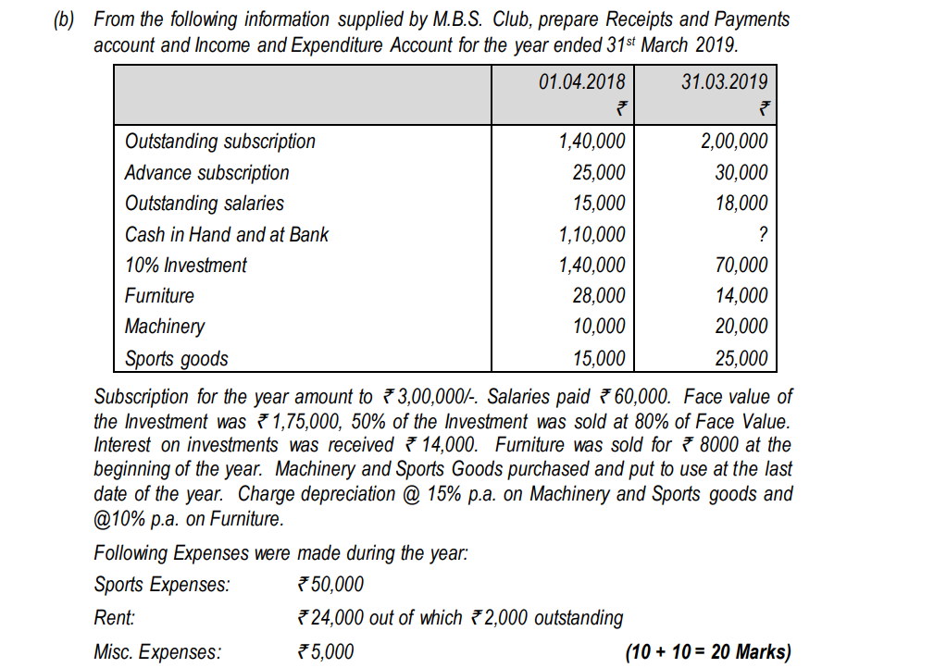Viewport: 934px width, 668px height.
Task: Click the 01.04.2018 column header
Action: [x=581, y=81]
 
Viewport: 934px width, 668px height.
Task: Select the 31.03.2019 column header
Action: [x=724, y=81]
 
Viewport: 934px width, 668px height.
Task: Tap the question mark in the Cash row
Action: [x=761, y=235]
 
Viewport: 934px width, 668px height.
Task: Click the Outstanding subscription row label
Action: [x=219, y=142]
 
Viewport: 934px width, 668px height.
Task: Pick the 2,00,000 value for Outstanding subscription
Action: [x=733, y=142]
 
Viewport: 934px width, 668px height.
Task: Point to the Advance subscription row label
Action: [x=206, y=173]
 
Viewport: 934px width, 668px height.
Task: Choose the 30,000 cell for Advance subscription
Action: [x=741, y=173]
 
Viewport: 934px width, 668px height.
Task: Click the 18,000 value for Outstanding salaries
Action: [x=741, y=204]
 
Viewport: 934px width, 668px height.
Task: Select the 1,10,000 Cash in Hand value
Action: [x=592, y=235]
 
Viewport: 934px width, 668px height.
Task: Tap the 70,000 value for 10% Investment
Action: [x=741, y=266]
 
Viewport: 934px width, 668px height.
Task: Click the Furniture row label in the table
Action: [x=159, y=296]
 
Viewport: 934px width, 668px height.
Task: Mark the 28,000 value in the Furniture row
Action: [x=599, y=296]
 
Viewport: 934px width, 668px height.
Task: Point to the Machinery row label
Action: [x=165, y=327]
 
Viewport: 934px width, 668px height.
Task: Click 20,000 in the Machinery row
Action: [x=741, y=327]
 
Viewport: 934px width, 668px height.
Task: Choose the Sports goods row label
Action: [x=176, y=358]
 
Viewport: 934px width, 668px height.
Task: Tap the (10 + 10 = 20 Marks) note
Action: [x=708, y=652]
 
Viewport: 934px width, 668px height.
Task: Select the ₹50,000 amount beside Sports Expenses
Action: [x=330, y=585]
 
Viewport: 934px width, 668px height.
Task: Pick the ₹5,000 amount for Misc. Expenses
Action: [x=324, y=652]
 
